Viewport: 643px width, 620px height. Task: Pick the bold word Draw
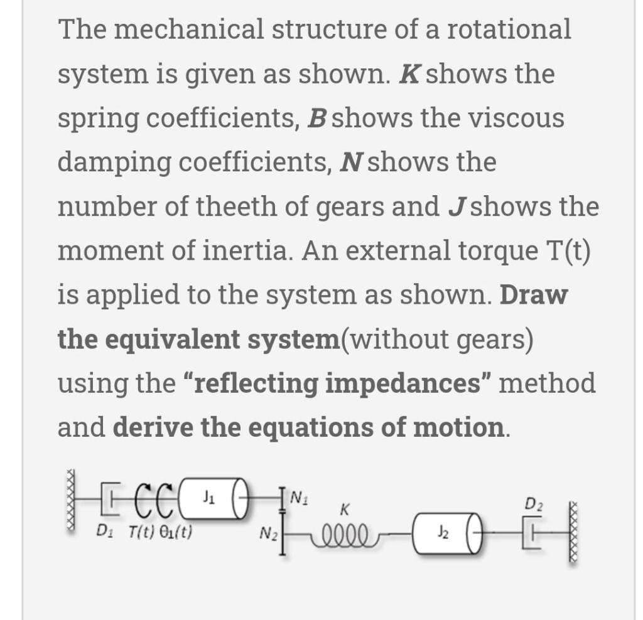click(534, 295)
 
